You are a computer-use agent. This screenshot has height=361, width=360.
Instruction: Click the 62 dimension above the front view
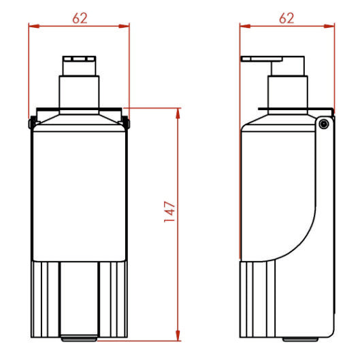click(x=80, y=18)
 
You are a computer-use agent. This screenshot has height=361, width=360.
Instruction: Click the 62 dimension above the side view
click(x=287, y=18)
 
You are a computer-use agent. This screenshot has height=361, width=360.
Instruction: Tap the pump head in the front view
click(x=80, y=65)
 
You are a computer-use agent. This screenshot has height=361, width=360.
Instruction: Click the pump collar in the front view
click(x=80, y=92)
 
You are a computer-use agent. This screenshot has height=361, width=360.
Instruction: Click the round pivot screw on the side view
click(x=324, y=123)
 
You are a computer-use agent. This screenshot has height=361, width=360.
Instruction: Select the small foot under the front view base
click(x=80, y=337)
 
